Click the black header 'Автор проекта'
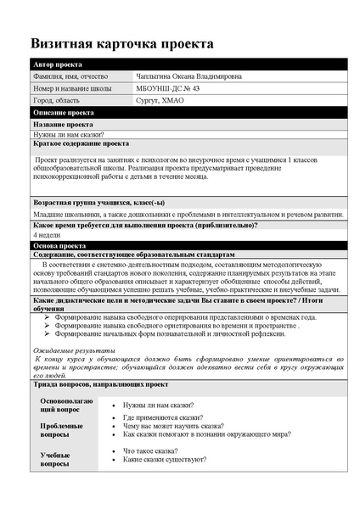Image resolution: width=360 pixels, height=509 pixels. coord(58,64)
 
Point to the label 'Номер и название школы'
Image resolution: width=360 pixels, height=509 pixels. coord(73,88)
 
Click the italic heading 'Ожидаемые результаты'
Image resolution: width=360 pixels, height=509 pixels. coord(73,350)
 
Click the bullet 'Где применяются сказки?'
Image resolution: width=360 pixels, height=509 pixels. coord(162,417)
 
